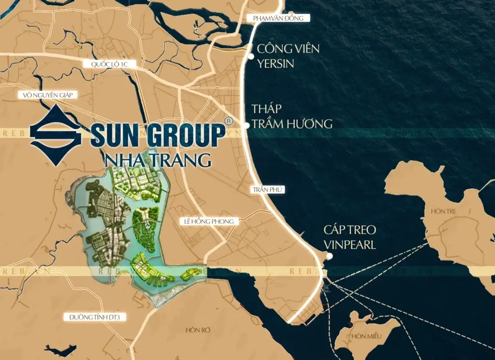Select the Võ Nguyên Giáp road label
[x=47, y=95]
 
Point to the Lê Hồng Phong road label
[x=209, y=221]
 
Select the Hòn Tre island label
[x=444, y=212]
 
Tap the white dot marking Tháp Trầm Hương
[x=246, y=125]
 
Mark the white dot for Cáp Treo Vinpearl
[x=329, y=256]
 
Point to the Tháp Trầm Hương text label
[x=291, y=116]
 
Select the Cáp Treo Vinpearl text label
[x=350, y=237]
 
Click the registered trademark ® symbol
[x=229, y=120]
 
